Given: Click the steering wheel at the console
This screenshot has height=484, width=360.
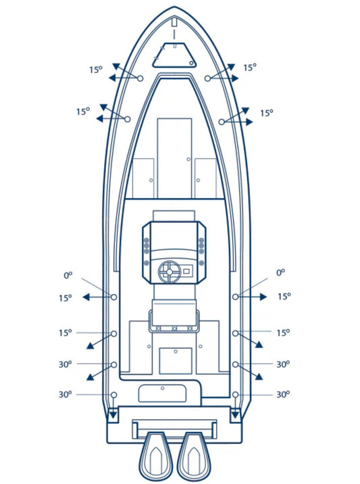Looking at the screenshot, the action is click(x=169, y=272).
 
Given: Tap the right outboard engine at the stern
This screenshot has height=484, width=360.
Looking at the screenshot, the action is click(x=194, y=458).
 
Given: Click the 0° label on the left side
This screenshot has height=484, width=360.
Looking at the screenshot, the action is click(x=68, y=274).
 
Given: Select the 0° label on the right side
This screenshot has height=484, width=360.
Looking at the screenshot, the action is click(x=280, y=272).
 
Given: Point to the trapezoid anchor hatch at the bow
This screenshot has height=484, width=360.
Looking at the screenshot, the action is click(x=175, y=55).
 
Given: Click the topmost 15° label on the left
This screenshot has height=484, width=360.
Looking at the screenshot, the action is click(x=96, y=70).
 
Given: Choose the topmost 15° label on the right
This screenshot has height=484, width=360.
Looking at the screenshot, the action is click(x=250, y=68).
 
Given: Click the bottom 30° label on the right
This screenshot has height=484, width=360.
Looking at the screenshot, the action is click(x=283, y=395).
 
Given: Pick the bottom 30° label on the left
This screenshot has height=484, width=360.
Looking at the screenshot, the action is click(x=65, y=395).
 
